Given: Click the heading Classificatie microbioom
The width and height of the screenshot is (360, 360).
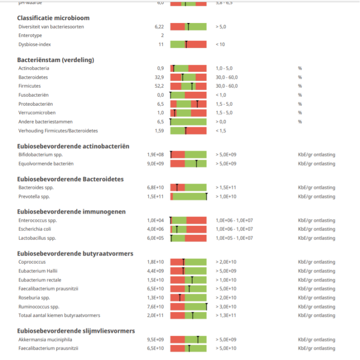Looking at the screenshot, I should pos(53,18).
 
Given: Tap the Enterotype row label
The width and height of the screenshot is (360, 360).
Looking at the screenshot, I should pos(31,35).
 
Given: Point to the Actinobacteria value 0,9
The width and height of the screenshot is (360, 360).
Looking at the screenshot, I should pos(160,68).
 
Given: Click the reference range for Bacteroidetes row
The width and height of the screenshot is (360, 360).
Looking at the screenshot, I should pos(227,77).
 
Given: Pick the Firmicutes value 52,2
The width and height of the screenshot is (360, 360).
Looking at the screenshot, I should pos(159,86).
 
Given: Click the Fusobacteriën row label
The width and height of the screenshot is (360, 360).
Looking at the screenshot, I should pos(33,95).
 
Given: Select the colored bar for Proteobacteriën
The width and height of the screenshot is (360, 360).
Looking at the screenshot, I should pos(188,104).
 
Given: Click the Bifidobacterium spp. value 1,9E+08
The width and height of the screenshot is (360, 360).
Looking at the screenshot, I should pos(155,155).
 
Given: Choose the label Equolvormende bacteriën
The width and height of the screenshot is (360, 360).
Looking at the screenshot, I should pos(46,163).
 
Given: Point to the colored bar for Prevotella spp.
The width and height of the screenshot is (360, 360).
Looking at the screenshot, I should pos(188,197).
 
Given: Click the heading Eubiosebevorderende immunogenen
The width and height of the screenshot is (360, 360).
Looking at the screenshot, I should pos(71,211).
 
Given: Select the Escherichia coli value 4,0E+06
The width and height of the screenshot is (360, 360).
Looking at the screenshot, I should pos(155,229).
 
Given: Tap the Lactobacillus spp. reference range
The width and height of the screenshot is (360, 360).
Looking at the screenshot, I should pos(234,238).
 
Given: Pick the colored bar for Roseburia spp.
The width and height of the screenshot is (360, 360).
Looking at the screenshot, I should pos(188,297).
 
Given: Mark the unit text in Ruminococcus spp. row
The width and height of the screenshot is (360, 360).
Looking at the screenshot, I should pos(316,306).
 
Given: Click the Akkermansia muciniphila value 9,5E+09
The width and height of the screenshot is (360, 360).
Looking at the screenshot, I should pos(155,340).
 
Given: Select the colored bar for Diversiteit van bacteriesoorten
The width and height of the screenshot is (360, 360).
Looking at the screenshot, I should pos(188,27).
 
